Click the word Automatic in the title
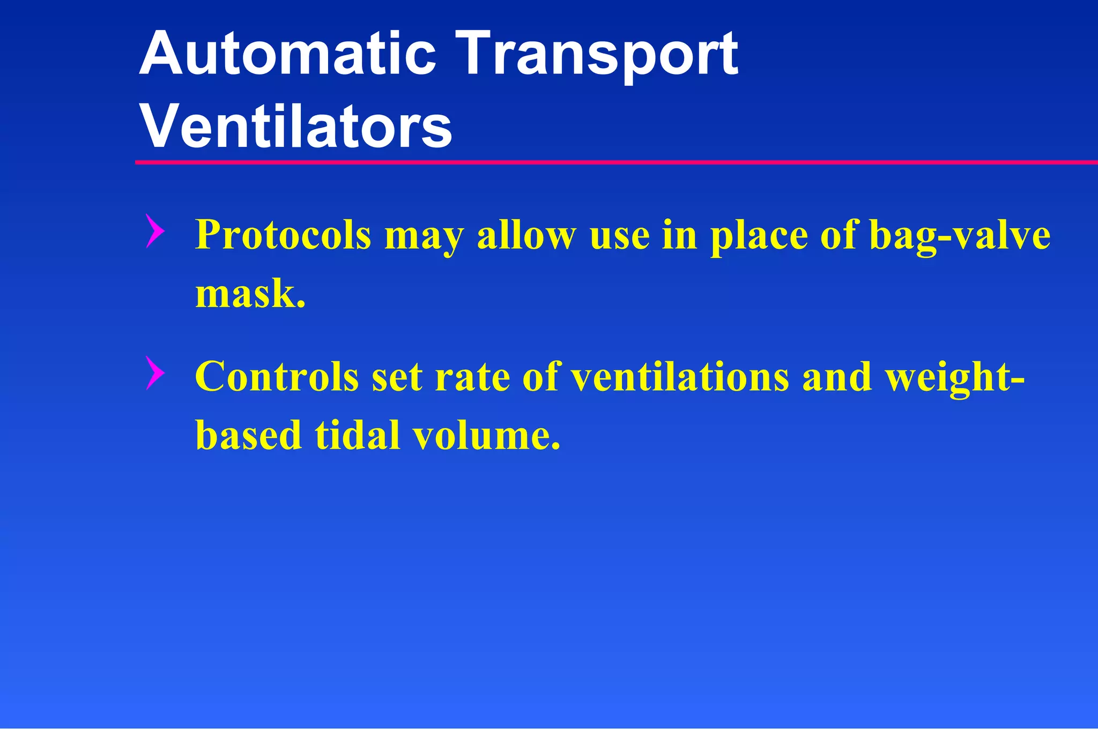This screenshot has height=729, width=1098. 287,54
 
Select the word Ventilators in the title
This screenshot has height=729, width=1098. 296,127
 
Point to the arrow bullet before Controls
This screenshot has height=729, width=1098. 154,373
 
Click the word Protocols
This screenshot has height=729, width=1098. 283,236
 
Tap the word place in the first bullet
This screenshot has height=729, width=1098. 759,236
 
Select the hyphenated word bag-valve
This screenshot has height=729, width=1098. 959,236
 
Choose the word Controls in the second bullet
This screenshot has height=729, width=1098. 277,376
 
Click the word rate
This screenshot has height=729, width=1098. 472,377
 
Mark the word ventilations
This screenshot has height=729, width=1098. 680,376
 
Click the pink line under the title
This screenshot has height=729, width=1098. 617,162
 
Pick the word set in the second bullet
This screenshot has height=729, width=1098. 397,377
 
